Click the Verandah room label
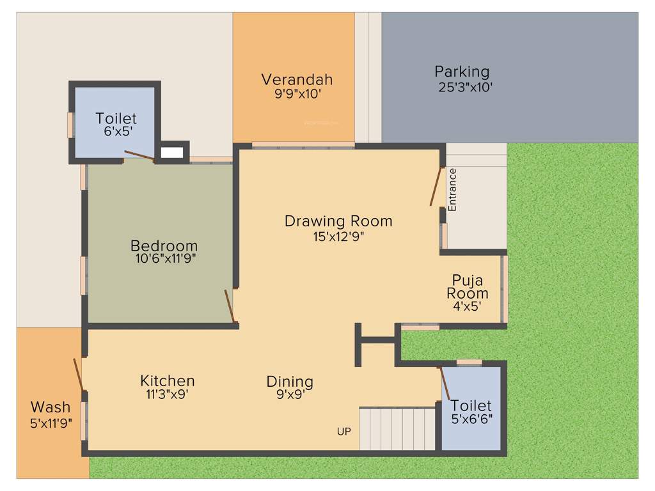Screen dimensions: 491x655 tap(297, 79)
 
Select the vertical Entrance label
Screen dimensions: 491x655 tap(452, 190)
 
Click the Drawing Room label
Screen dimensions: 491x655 tap(338, 221)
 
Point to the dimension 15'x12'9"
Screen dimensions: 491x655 tap(338, 236)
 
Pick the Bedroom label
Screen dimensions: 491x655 tap(164, 245)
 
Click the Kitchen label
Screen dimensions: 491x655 tap(168, 381)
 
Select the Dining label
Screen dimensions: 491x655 tap(290, 382)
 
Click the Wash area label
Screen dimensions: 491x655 tap(51, 407)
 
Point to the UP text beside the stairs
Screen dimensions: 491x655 tap(343, 432)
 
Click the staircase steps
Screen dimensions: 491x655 tap(397, 429)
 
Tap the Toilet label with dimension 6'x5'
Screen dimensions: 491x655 tap(116, 118)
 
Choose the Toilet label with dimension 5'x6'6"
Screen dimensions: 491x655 tap(471, 405)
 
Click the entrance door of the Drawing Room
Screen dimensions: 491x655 tap(436, 186)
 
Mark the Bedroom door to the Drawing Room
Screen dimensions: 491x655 tap(230, 306)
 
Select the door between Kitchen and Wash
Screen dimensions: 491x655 tap(78, 375)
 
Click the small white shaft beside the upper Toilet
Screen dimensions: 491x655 tap(171, 153)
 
